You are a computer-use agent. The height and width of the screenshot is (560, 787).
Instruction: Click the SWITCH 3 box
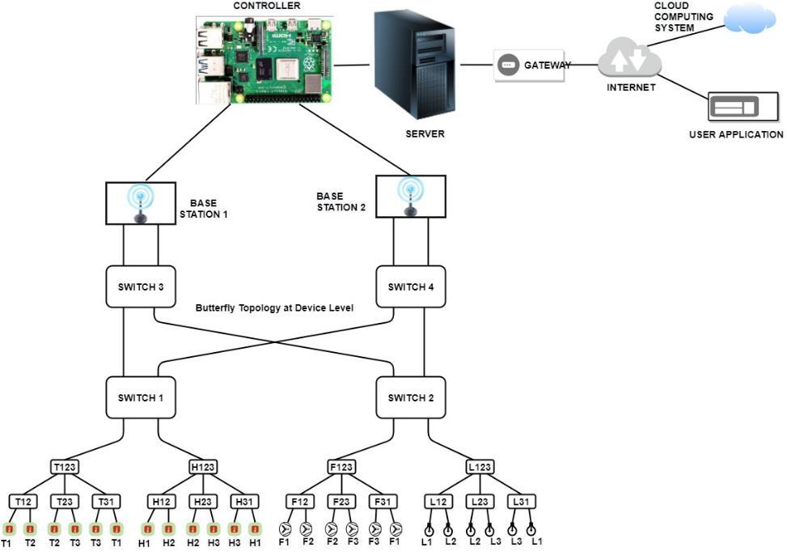[141, 286]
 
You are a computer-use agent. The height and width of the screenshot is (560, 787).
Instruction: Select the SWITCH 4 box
[411, 286]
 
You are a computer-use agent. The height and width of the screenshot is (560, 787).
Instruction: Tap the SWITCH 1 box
[141, 397]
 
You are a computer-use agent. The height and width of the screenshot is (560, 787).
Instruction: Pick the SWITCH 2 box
[411, 397]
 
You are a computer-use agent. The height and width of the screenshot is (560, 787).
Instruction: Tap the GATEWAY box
[534, 66]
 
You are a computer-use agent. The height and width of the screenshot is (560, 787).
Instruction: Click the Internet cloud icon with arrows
[629, 59]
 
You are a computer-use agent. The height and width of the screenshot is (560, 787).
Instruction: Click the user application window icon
[734, 107]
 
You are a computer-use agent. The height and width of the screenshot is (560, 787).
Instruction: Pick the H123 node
[202, 467]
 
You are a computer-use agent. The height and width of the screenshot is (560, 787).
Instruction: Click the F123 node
[342, 467]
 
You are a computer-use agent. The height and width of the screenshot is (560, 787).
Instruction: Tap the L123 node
[480, 467]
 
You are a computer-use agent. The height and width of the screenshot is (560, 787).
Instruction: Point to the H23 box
[203, 502]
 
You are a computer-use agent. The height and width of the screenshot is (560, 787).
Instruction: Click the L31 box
[522, 502]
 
